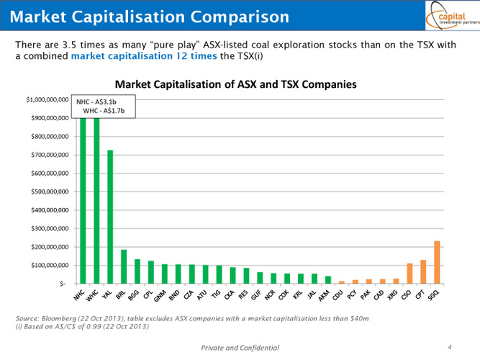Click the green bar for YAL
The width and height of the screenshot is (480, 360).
click(x=110, y=216)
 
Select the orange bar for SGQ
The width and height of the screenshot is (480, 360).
click(x=437, y=262)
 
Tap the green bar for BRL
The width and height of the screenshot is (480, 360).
click(x=124, y=266)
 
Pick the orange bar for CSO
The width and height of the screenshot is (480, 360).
click(x=409, y=274)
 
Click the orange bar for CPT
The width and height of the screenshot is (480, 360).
click(x=423, y=271)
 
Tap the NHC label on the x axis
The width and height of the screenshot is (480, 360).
click(x=79, y=294)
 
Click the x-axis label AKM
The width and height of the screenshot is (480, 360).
click(x=325, y=294)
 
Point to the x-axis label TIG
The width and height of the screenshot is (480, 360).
click(x=216, y=294)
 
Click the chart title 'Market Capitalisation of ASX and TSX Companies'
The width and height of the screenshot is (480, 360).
click(x=235, y=85)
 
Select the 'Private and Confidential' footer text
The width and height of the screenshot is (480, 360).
click(x=240, y=348)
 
